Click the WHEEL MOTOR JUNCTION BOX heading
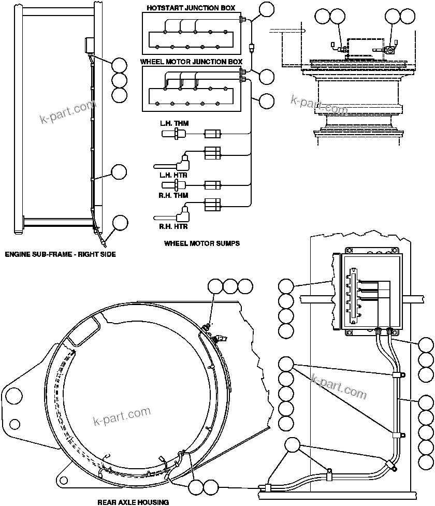191,61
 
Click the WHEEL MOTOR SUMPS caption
201,243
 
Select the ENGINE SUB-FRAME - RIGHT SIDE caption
60,254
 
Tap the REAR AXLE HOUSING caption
133,502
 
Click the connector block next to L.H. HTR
213,152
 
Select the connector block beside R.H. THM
213,185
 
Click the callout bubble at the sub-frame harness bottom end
120,223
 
